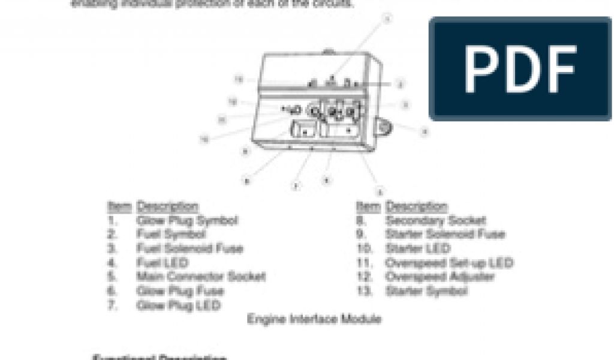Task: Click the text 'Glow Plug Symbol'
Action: (187, 220)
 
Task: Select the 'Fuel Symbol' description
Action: (171, 234)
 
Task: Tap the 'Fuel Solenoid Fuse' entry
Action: (189, 248)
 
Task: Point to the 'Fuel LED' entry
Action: (162, 263)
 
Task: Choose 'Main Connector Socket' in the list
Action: (200, 277)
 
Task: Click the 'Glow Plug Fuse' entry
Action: (180, 292)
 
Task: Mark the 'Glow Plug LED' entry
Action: (178, 305)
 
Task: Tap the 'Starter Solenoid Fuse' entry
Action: (445, 234)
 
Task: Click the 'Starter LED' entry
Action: (418, 248)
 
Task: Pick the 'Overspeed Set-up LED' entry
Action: (449, 263)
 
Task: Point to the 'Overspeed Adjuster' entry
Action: (440, 277)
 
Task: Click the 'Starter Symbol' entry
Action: (426, 292)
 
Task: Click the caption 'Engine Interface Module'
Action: (314, 319)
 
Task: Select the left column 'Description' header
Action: (167, 207)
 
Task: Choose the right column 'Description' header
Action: (417, 207)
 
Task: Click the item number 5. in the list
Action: (113, 277)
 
